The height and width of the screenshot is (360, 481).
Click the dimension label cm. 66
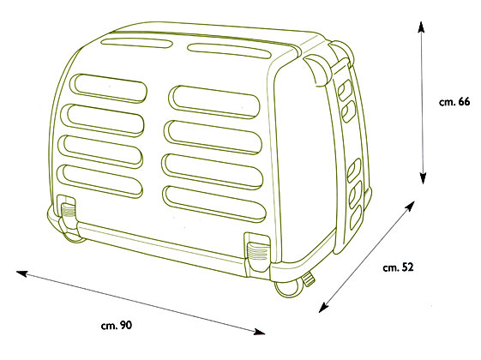coord(454,101)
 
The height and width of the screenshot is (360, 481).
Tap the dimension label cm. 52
coord(398,267)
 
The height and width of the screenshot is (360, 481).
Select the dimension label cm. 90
coord(117,325)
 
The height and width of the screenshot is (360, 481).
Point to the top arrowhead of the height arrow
coord(421,27)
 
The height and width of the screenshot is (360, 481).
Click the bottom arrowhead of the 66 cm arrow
coord(423,178)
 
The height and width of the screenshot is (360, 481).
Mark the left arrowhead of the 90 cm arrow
coord(21,273)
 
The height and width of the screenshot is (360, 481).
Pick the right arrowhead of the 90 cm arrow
coord(260,332)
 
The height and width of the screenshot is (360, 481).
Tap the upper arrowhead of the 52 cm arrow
coord(410,206)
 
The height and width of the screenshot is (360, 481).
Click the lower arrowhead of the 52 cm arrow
coord(323,308)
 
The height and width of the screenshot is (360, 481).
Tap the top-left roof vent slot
coord(136,43)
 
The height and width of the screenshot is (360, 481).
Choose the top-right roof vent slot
coord(230,51)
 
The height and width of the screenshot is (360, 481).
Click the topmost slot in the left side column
coord(109,88)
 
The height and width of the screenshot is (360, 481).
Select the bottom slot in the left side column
coord(100,181)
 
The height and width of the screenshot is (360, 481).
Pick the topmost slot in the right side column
coord(214,102)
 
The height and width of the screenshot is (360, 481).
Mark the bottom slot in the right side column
coord(214,204)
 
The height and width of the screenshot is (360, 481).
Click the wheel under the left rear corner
coord(75,237)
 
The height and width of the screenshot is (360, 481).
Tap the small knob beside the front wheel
coord(309,279)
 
